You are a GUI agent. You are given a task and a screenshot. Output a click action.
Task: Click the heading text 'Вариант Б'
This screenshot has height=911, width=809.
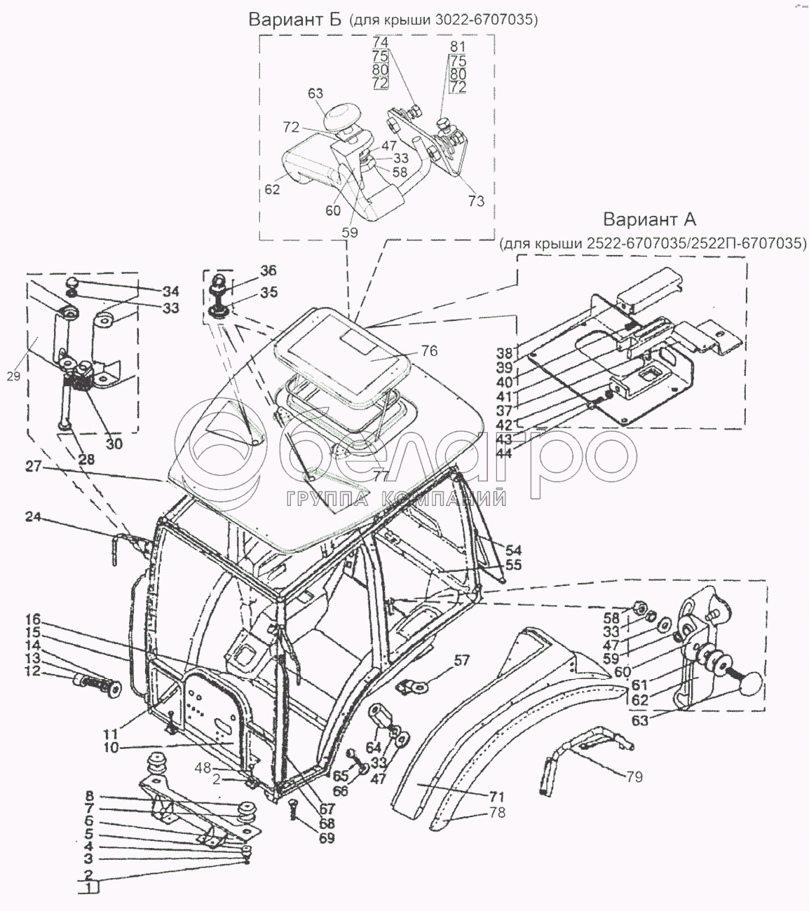coord(294,20)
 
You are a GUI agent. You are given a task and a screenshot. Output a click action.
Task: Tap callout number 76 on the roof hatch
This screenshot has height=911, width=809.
coord(428,350)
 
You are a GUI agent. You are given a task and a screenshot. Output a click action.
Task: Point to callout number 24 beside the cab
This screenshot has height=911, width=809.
coord(33,517)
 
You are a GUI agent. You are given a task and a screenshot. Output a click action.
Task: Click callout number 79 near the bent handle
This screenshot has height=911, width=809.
coord(634,776)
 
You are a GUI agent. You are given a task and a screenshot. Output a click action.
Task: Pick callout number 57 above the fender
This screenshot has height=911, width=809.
coord(461,660)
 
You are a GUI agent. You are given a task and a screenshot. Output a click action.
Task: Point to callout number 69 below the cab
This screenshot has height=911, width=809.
coord(326,837)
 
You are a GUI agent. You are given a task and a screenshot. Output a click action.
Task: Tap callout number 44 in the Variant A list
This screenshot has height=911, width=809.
coord(523,453)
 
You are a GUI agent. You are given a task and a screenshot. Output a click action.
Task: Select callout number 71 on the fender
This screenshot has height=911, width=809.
coord(497,797)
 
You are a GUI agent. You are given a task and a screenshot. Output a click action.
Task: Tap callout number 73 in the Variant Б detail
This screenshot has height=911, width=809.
coord(476,202)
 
